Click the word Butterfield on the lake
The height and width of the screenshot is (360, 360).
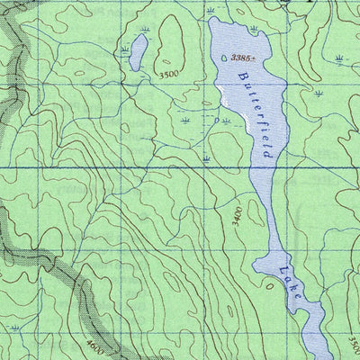coord(258,115)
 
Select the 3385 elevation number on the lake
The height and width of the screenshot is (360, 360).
coord(241,58)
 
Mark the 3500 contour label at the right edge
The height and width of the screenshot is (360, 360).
coord(352,342)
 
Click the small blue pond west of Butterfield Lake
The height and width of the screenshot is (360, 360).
coord(138,52)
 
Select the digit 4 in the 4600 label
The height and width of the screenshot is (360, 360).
coord(91,340)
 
